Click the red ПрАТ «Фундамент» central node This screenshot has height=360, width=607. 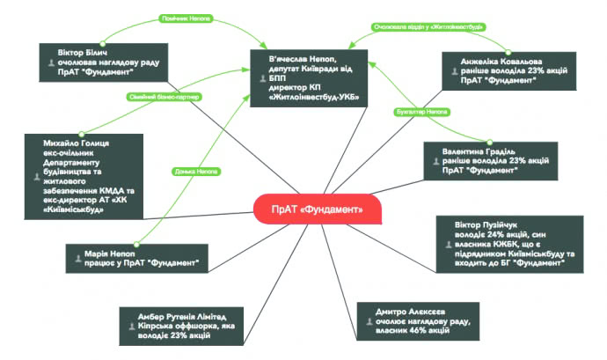[x=308, y=209]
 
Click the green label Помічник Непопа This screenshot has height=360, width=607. [x=186, y=18]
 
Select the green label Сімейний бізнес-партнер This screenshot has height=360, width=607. [x=165, y=96]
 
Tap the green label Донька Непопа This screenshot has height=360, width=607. [x=196, y=171]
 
